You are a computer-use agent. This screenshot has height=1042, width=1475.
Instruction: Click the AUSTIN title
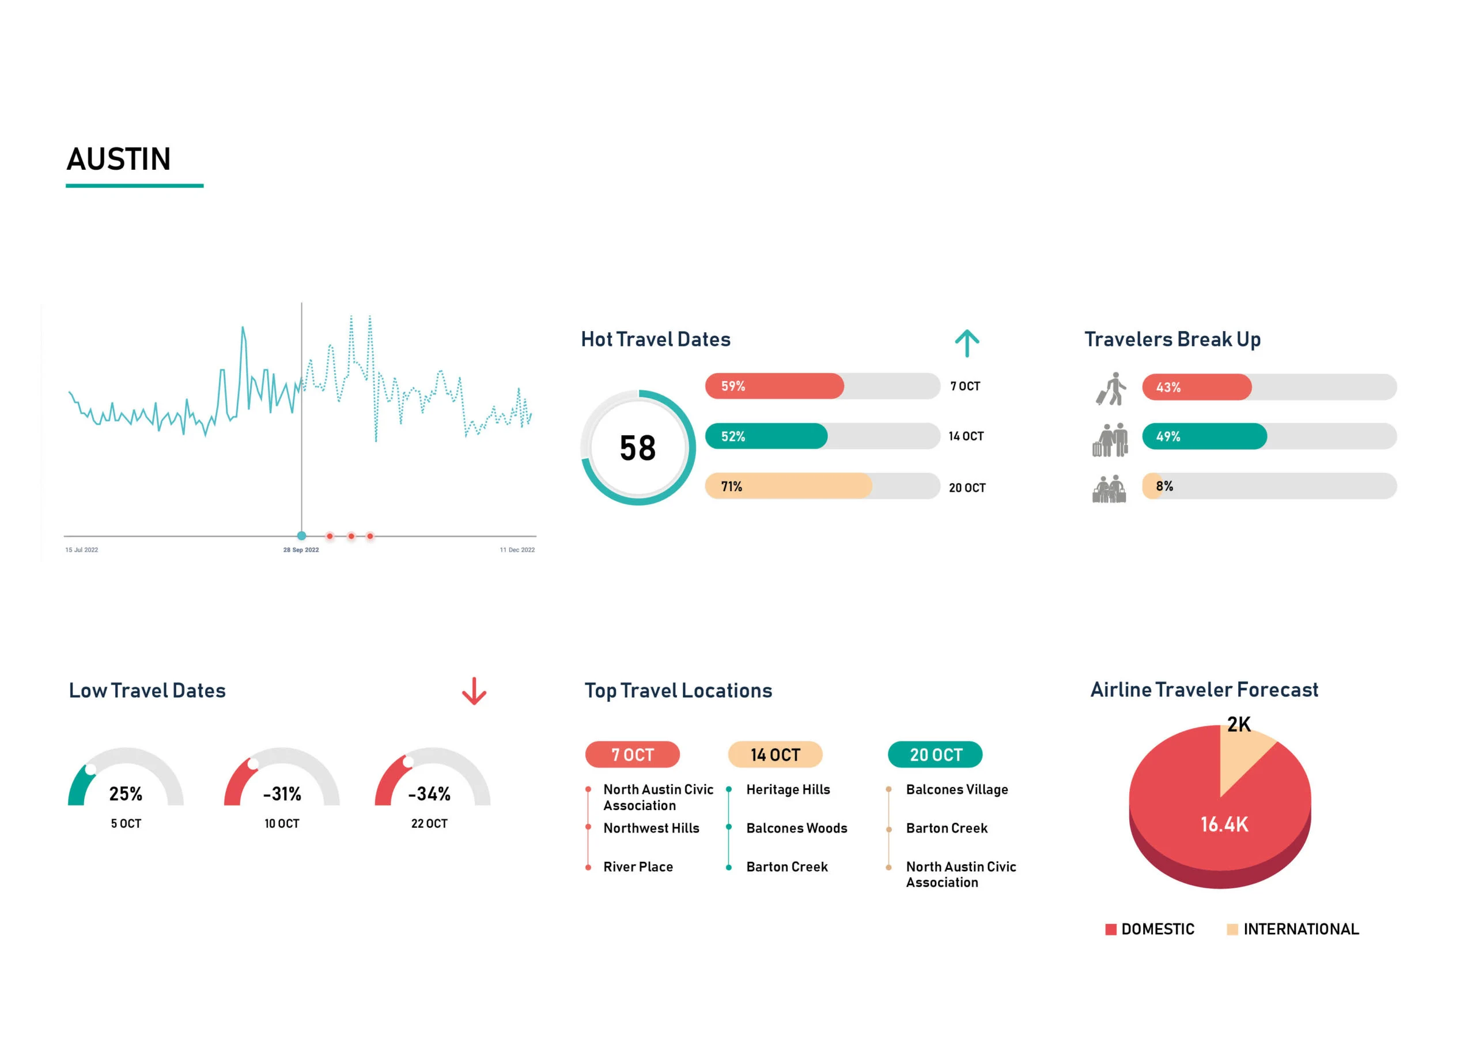(x=119, y=159)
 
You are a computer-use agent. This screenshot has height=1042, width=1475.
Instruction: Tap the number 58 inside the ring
(x=637, y=448)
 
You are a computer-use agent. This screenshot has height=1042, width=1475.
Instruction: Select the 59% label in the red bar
(x=733, y=386)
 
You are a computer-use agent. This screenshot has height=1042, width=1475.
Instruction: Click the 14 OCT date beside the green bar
(x=966, y=436)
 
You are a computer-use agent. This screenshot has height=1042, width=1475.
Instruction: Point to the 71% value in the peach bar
(x=731, y=486)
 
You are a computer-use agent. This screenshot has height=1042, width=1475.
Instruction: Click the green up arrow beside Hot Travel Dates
(x=966, y=343)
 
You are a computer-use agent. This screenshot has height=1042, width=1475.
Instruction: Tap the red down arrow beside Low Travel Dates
(x=474, y=691)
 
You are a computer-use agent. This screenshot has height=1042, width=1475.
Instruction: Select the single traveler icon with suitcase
(x=1111, y=389)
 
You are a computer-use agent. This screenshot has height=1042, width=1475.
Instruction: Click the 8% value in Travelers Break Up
(x=1164, y=486)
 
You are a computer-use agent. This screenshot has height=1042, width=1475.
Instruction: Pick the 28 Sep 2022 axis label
(x=301, y=550)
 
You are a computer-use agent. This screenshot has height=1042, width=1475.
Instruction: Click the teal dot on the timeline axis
(x=301, y=535)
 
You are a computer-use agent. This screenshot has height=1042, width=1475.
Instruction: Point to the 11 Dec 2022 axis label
(x=517, y=550)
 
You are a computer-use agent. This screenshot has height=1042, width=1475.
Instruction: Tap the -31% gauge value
(x=282, y=794)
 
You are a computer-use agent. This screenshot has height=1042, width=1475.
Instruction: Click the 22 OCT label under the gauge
(x=429, y=824)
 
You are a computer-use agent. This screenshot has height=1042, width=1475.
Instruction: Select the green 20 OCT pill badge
(x=935, y=755)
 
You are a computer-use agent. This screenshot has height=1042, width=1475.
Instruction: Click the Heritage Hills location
(x=788, y=790)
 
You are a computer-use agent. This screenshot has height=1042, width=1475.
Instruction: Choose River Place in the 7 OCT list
(x=638, y=868)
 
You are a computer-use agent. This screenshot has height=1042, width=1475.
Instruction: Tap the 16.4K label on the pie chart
(x=1224, y=825)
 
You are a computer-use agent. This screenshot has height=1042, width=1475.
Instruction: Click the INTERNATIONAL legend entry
(x=1300, y=930)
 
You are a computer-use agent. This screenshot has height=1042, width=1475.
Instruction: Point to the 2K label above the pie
(x=1239, y=725)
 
